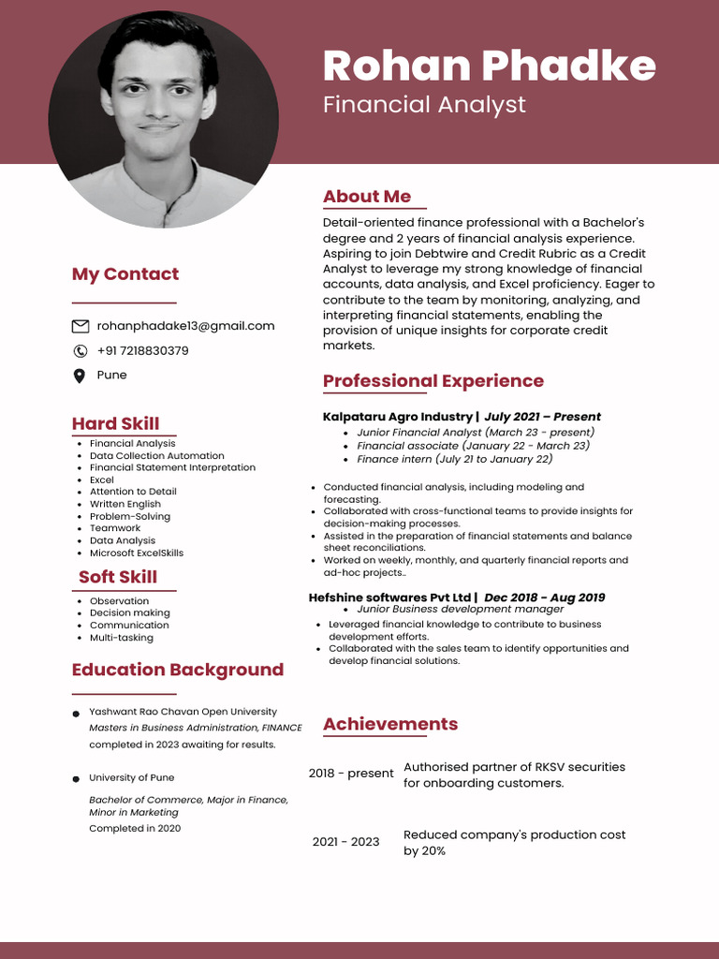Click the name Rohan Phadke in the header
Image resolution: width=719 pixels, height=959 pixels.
click(489, 66)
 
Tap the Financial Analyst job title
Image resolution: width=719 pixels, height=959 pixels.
click(424, 104)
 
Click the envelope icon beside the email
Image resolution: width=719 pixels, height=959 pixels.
click(81, 326)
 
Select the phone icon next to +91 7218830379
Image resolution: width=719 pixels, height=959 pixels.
click(81, 351)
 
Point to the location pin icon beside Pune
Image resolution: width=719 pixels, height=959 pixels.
click(80, 376)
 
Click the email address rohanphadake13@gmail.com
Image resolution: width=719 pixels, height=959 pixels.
click(185, 326)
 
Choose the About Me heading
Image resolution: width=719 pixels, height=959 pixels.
click(367, 197)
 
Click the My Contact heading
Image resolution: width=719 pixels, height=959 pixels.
click(125, 274)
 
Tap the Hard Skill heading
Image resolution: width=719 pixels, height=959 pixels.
click(115, 423)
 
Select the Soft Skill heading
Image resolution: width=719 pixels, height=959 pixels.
click(118, 577)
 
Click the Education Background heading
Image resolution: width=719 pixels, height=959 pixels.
click(178, 670)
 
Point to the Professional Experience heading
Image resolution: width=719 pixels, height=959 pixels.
click(433, 381)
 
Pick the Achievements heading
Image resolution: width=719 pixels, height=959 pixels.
click(390, 724)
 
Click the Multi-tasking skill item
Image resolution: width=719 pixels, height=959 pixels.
click(122, 638)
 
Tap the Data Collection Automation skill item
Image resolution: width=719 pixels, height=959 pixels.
click(157, 456)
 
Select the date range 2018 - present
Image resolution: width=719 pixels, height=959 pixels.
click(351, 774)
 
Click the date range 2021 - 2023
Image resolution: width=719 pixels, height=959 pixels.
click(346, 842)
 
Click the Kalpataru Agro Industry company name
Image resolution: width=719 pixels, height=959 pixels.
click(398, 417)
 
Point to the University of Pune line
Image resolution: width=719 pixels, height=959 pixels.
click(132, 777)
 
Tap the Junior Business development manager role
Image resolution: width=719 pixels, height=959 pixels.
click(461, 610)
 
